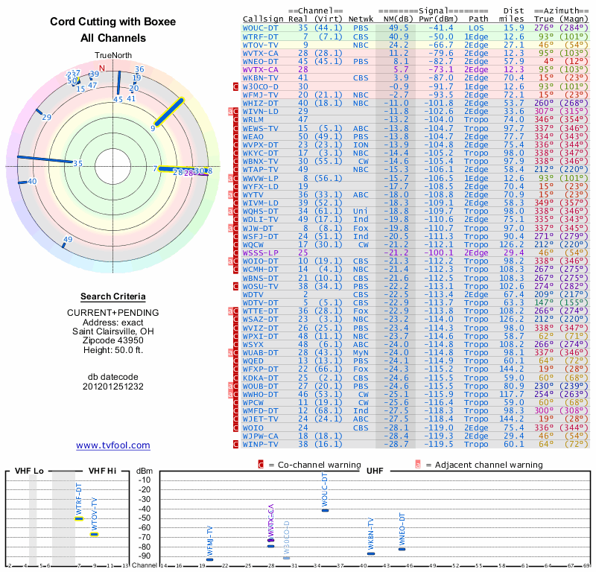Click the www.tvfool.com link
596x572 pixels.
[112, 445]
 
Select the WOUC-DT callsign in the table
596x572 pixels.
[260, 27]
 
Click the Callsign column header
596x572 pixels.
[263, 18]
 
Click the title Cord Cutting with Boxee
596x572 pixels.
[112, 22]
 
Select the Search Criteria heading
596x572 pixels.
[112, 296]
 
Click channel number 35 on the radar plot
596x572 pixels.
[77, 164]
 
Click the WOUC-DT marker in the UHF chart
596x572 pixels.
[324, 509]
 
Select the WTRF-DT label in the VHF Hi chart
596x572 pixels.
[80, 497]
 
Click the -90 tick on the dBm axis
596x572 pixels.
[144, 556]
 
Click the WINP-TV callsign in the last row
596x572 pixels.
[260, 444]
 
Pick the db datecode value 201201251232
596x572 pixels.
[112, 387]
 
